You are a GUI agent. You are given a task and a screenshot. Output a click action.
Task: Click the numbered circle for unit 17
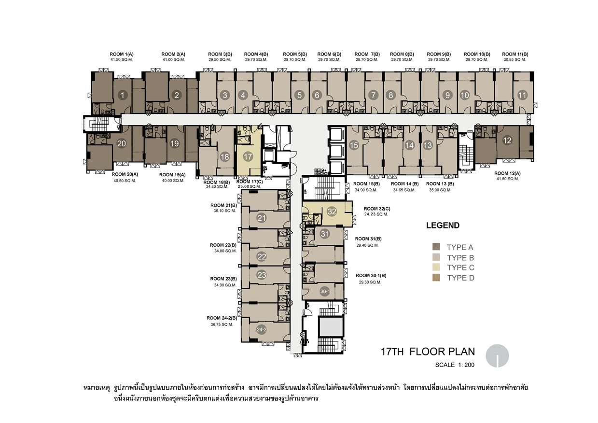248,156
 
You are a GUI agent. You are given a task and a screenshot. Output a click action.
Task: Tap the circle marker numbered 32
332,211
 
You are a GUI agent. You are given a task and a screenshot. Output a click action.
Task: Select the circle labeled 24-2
262,329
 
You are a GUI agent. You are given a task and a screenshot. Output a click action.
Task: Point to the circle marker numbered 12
507,140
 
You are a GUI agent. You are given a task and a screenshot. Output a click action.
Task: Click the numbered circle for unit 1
123,95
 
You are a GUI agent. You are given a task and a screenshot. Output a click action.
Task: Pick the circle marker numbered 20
122,144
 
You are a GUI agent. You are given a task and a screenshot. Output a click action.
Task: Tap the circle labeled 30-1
325,291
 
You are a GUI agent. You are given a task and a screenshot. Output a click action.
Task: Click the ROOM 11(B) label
515,54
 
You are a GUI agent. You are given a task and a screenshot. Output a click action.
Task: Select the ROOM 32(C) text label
376,209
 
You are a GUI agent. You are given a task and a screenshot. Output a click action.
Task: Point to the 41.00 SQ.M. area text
174,60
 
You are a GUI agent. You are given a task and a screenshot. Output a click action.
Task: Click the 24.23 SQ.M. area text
376,214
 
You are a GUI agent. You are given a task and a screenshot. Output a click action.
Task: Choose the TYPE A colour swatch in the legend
436,246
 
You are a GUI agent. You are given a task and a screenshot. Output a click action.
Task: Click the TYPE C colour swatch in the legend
436,267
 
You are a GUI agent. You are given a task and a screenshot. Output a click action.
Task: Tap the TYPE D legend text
460,278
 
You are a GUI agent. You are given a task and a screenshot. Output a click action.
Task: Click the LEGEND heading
443,226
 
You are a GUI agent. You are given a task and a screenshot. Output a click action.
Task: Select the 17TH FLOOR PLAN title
428,352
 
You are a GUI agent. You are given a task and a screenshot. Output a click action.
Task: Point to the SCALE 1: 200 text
455,365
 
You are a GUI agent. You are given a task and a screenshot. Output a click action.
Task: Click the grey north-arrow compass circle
497,356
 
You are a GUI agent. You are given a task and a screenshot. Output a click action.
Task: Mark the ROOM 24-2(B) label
222,318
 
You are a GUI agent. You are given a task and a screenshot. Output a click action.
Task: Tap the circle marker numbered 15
354,145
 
